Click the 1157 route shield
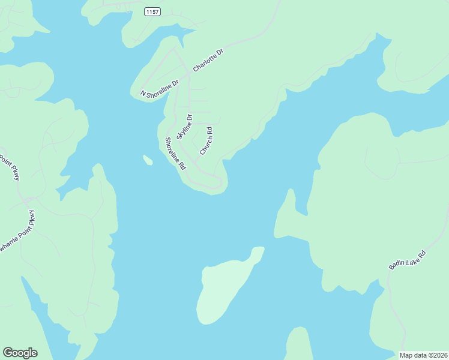click(152, 12)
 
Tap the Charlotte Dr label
click(208, 61)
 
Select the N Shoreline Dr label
click(160, 88)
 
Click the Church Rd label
click(206, 141)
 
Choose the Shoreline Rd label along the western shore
click(176, 154)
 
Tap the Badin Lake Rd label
click(407, 263)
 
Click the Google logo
click(20, 353)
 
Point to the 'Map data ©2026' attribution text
click(423, 355)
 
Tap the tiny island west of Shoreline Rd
click(147, 160)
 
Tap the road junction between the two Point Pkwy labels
click(28, 197)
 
